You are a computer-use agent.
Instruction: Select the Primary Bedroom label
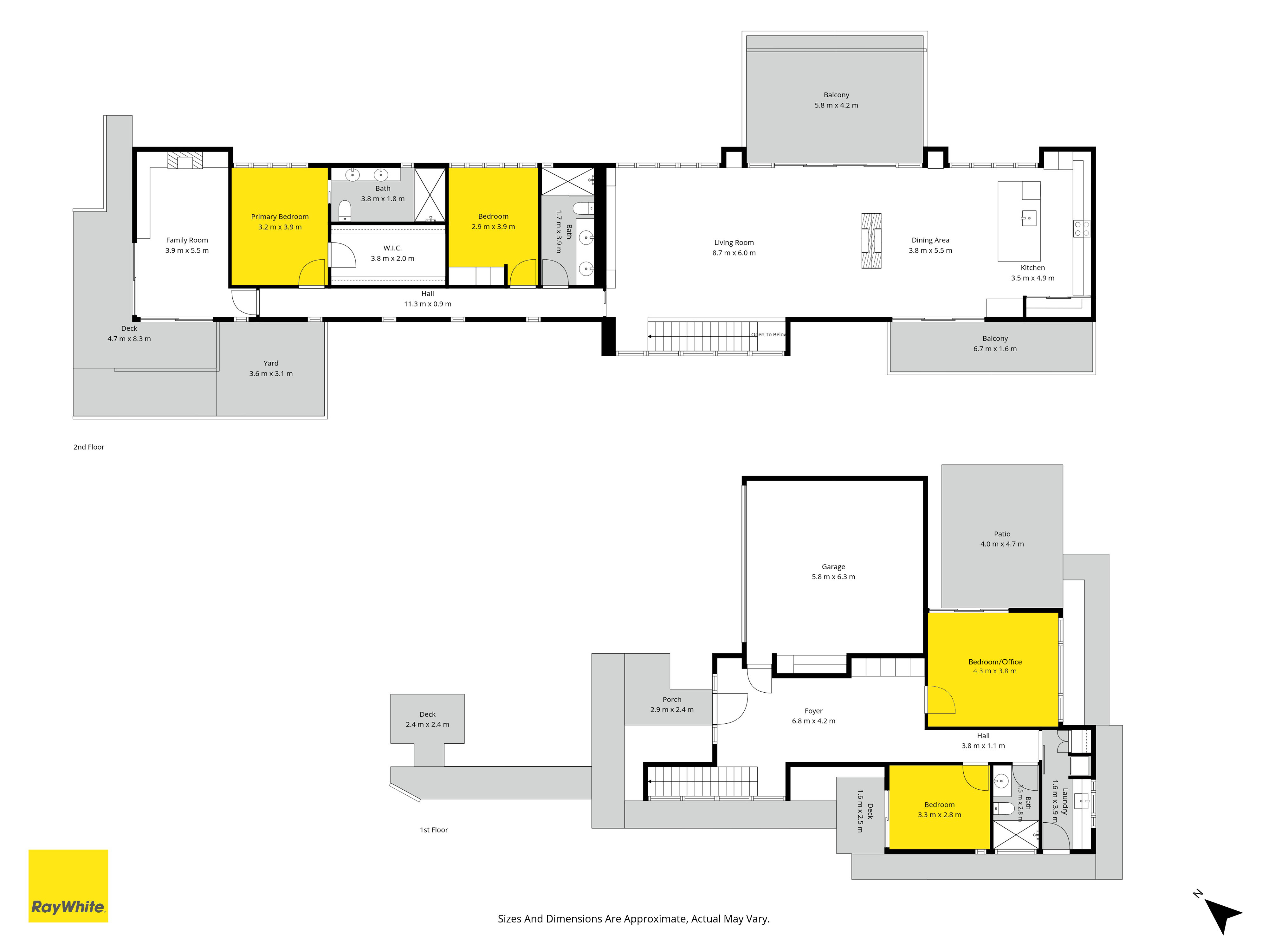click(x=280, y=217)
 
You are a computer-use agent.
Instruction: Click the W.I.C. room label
click(x=393, y=248)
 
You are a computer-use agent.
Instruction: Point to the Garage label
click(x=833, y=567)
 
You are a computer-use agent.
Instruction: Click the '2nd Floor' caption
click(x=89, y=447)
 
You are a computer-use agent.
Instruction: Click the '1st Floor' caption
click(x=434, y=830)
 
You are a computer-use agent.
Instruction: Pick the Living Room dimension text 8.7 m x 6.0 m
click(x=734, y=253)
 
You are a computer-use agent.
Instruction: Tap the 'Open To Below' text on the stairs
click(x=769, y=335)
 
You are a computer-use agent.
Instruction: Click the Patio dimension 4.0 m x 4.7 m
click(x=1002, y=544)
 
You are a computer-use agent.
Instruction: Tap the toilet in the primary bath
click(x=345, y=210)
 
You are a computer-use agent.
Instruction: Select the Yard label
click(x=271, y=363)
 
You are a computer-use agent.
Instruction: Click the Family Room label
click(x=187, y=240)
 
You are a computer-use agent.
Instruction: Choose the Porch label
click(x=672, y=699)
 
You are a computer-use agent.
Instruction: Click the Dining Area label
click(x=930, y=240)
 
